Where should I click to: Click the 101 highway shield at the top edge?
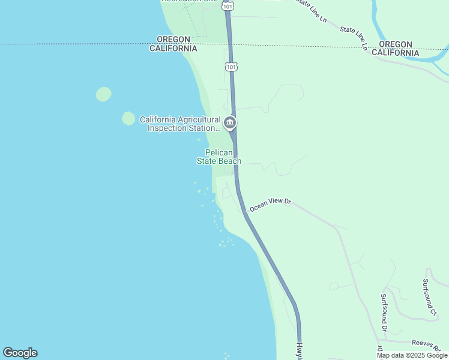point(227,5)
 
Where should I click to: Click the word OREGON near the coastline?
point(173,39)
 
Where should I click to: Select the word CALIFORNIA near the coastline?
point(173,48)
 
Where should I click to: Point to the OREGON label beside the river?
point(396,44)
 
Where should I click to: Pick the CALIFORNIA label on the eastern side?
point(395,53)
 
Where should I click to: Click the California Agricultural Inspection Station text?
point(180,124)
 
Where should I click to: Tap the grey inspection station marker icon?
point(229,124)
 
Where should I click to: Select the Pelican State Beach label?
point(219,157)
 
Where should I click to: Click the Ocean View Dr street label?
point(270,205)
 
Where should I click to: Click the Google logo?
point(20,353)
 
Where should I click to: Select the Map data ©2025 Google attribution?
point(412,355)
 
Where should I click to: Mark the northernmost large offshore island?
point(104,94)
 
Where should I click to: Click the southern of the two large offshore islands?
point(128,118)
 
